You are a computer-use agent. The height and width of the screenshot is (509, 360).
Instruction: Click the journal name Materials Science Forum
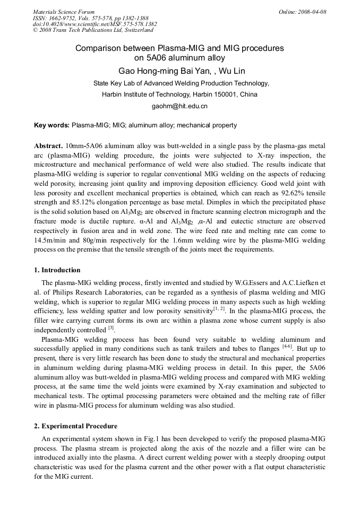(x=64, y=12)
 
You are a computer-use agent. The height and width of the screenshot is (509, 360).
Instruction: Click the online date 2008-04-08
(x=312, y=12)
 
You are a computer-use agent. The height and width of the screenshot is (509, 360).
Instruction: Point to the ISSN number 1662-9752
(x=62, y=18)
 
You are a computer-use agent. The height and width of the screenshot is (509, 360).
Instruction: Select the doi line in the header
(x=95, y=24)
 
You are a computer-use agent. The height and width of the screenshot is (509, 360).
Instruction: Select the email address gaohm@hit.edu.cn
(x=179, y=106)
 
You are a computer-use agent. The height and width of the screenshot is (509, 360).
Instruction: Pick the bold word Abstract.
(x=48, y=145)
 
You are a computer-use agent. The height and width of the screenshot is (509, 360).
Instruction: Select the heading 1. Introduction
(x=57, y=270)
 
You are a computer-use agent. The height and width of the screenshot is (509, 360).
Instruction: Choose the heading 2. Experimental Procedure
(x=76, y=426)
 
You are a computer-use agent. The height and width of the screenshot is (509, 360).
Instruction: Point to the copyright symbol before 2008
(x=36, y=31)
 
